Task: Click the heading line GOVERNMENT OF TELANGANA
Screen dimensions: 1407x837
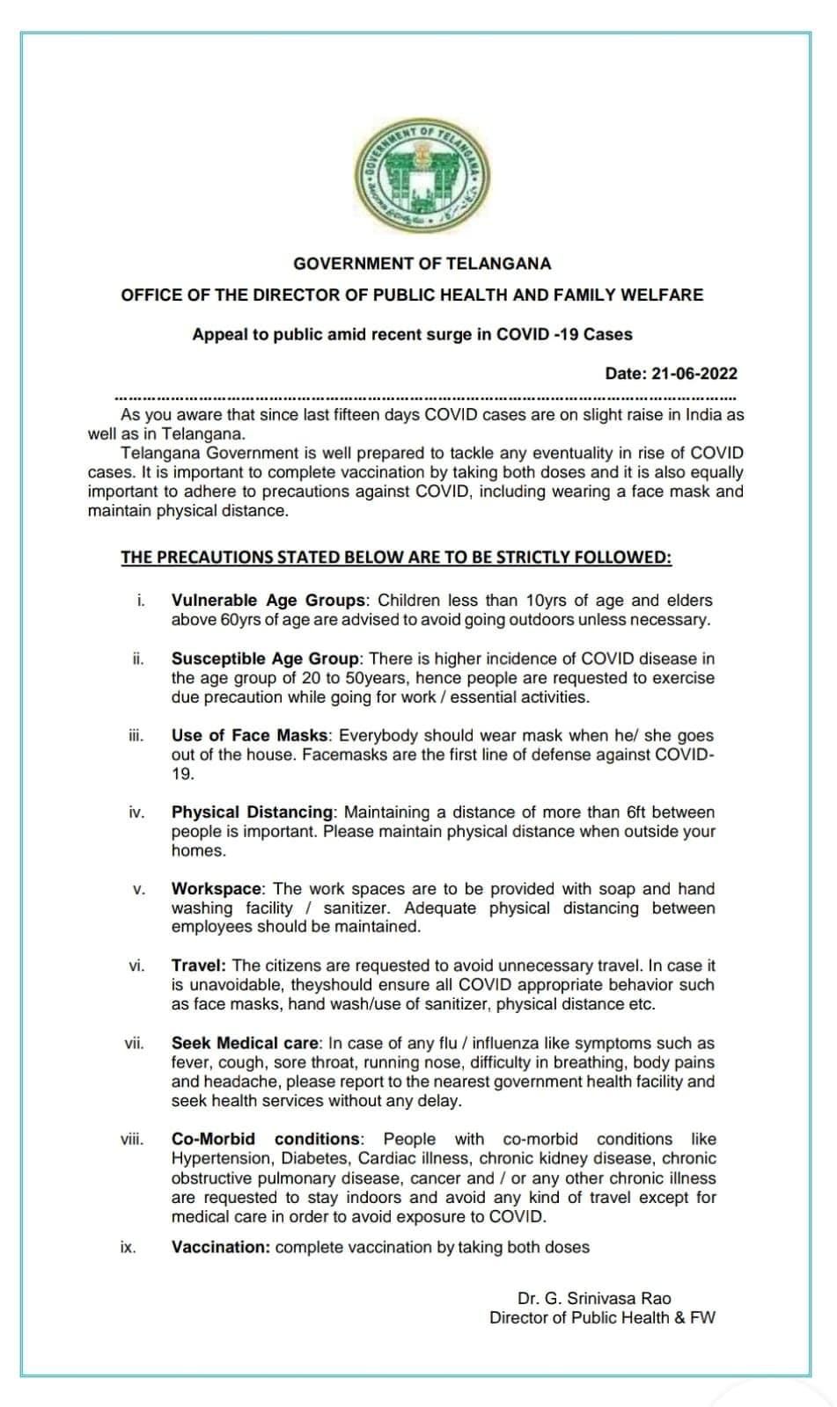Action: [422, 263]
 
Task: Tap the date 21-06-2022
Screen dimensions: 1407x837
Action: [694, 374]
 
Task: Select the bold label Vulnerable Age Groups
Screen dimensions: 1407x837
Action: [268, 601]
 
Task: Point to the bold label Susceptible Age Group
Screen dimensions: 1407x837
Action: [265, 659]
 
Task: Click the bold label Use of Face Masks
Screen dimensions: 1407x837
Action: [250, 735]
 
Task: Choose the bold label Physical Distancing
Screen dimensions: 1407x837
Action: [253, 813]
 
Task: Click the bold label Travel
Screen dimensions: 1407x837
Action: [199, 966]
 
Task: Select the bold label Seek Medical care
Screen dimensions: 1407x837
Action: [246, 1044]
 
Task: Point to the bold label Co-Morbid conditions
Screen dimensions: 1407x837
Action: [266, 1140]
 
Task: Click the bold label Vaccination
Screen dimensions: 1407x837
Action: [220, 1247]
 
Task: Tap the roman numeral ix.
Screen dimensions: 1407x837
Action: [128, 1247]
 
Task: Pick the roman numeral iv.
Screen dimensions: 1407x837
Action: [136, 813]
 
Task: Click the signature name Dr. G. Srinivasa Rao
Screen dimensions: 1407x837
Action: [594, 1298]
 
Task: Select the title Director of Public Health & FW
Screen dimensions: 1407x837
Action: [603, 1317]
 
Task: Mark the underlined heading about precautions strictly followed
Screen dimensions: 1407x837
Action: [396, 558]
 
